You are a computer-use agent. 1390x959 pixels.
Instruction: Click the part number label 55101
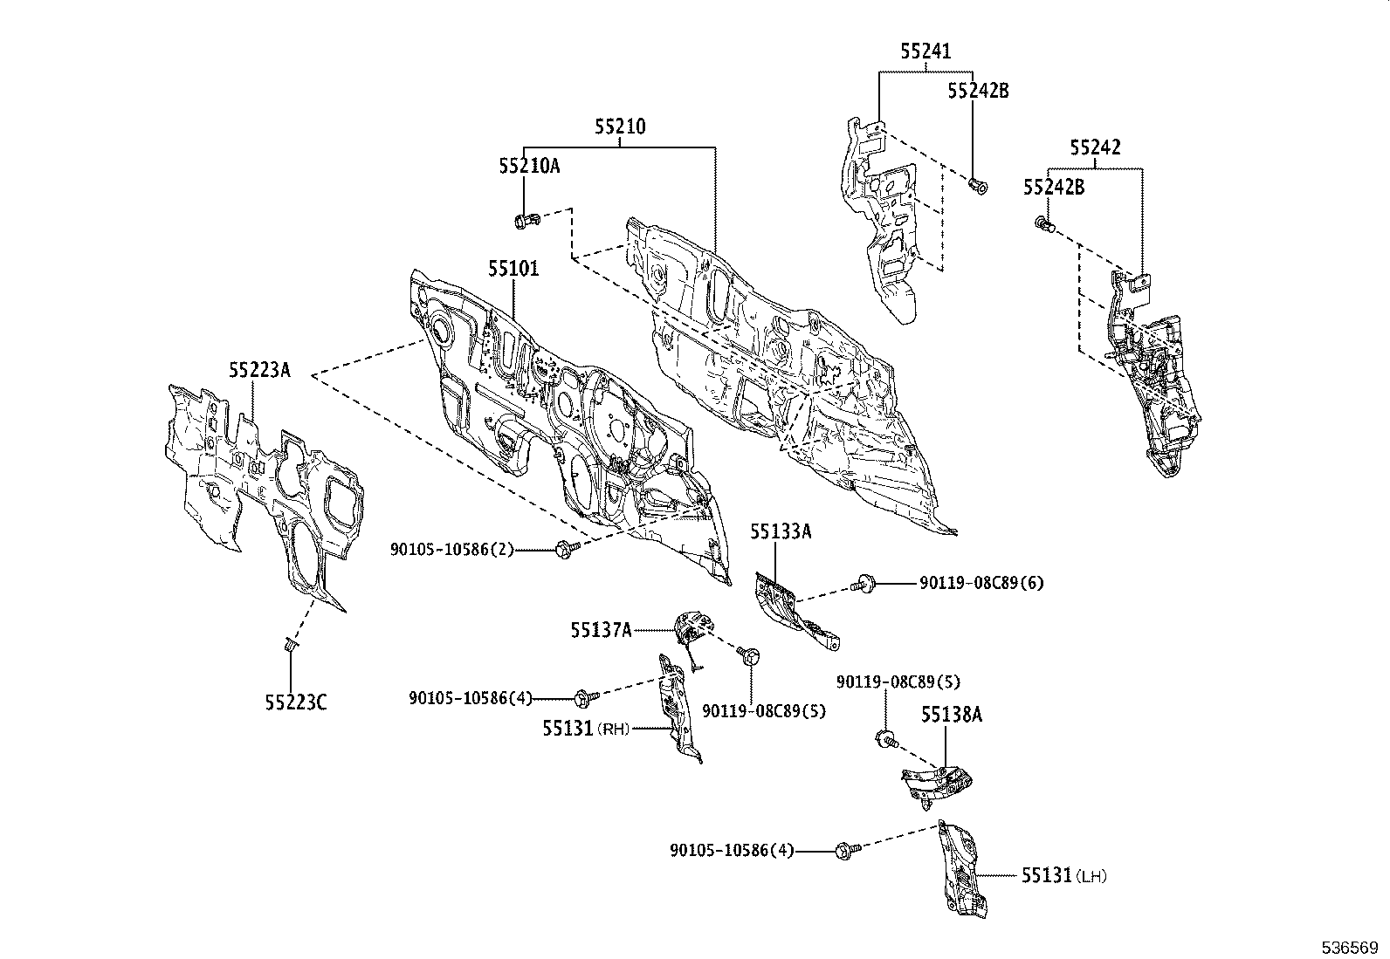tap(513, 270)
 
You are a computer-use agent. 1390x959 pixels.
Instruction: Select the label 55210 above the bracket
tap(620, 127)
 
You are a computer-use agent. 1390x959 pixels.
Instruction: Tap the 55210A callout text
tap(529, 167)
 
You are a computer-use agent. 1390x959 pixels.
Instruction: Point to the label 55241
tap(926, 51)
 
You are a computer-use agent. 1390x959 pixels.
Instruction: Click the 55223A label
tap(259, 370)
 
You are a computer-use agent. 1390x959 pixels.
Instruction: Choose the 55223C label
tap(296, 702)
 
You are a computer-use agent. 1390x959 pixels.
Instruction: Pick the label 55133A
tap(781, 532)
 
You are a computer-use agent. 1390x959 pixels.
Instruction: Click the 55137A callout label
tap(602, 631)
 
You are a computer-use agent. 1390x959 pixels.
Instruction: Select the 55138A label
tap(952, 716)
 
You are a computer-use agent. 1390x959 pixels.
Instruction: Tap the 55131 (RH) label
tap(587, 729)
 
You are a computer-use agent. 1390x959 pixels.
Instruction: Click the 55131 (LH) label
tap(1064, 876)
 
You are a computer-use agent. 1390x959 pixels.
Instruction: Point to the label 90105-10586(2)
tap(452, 550)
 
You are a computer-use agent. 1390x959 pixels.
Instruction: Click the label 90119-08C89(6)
tap(981, 583)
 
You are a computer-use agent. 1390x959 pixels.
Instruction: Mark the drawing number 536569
tap(1350, 948)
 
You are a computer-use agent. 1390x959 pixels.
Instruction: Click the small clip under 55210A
tap(526, 220)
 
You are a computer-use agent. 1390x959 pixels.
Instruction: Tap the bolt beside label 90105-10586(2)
tap(568, 549)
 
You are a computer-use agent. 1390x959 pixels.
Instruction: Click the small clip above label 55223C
tap(290, 645)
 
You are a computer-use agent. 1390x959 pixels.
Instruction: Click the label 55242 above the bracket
tap(1095, 147)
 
